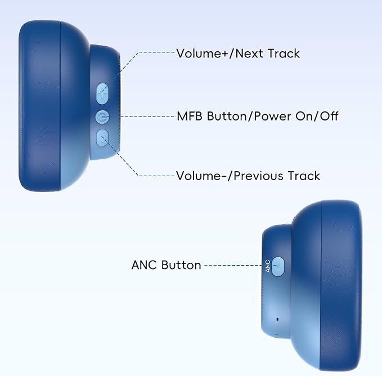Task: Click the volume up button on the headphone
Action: (x=102, y=93)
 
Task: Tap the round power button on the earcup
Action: (x=102, y=117)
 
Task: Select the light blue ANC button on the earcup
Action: (x=277, y=267)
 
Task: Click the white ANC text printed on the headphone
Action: (x=267, y=266)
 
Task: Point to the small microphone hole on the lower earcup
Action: (x=277, y=319)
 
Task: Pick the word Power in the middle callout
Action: (x=272, y=117)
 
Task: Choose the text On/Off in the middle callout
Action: (x=317, y=116)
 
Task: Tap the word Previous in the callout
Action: (x=258, y=176)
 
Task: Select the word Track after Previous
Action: (x=304, y=176)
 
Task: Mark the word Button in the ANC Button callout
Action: (x=181, y=265)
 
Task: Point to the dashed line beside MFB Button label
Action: (x=148, y=117)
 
